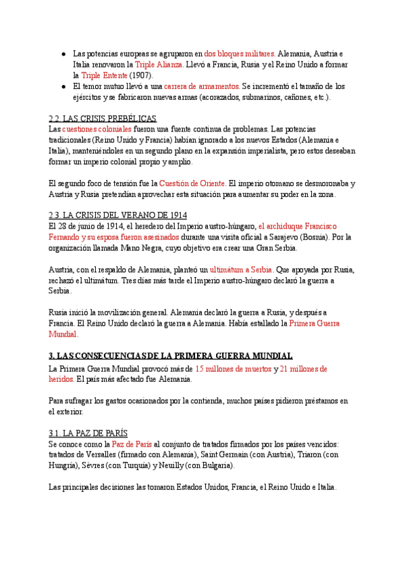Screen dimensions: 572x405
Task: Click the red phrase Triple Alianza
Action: tap(159, 64)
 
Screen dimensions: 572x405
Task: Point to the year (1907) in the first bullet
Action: tap(142, 75)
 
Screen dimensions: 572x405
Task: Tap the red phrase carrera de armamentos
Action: tap(206, 86)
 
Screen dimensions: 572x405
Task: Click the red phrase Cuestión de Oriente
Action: tap(192, 183)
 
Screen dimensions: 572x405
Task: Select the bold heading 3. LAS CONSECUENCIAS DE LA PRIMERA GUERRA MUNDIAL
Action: tap(171, 355)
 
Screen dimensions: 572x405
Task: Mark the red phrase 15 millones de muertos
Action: tap(233, 368)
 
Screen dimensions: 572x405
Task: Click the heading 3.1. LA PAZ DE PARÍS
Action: tap(88, 433)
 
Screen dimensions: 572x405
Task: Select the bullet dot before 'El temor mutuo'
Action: tap(63, 86)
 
